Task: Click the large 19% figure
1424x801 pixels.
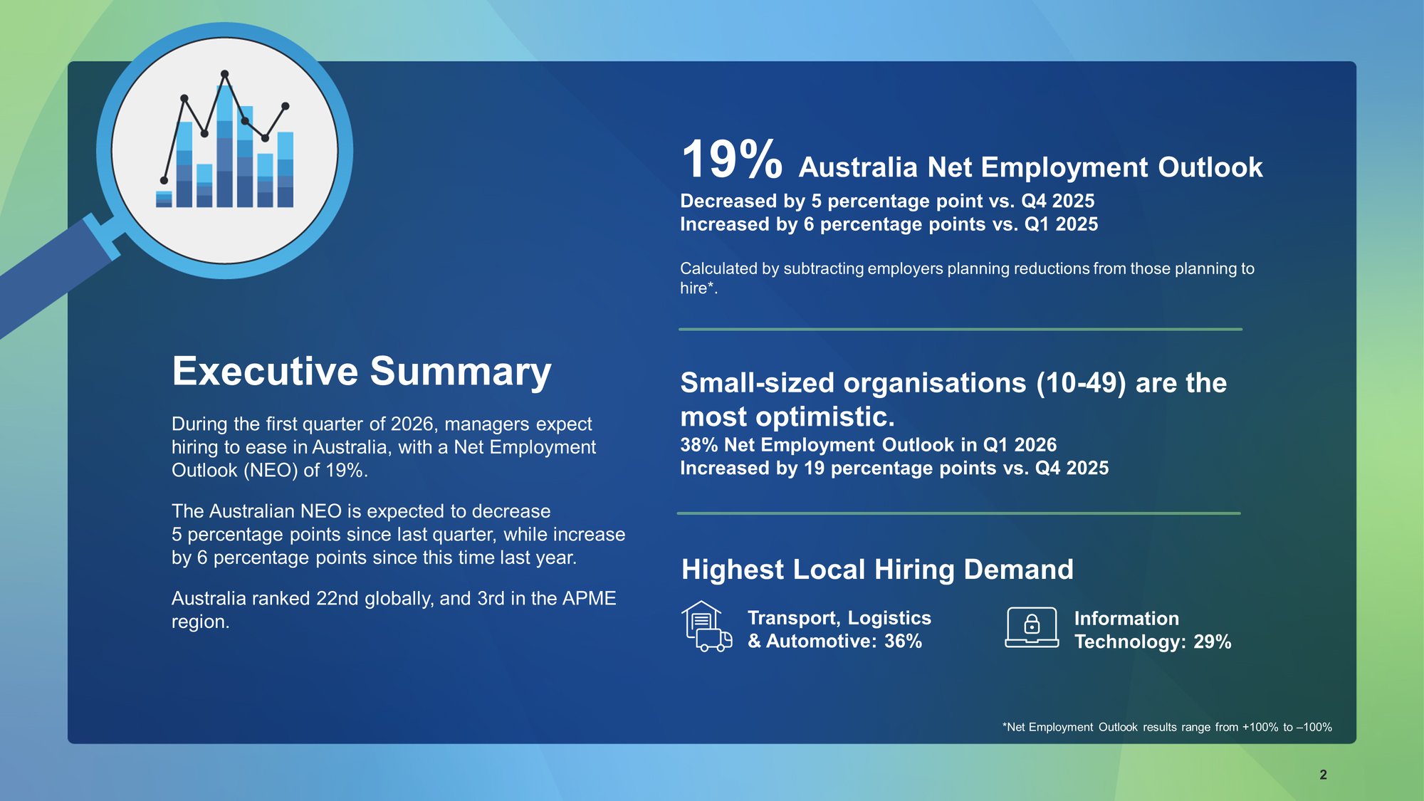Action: tap(731, 159)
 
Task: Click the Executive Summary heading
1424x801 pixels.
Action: tap(361, 371)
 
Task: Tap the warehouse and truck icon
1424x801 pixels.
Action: tap(706, 627)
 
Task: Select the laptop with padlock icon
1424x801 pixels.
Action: tap(1032, 627)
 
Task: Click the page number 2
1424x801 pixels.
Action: tap(1323, 775)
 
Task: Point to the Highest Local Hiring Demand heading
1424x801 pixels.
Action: tap(876, 570)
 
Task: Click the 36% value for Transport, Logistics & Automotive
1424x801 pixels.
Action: tap(903, 642)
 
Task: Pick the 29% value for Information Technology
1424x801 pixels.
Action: tap(1212, 642)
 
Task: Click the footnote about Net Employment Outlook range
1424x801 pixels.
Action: tap(1166, 727)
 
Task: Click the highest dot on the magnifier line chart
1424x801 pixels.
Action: tap(225, 74)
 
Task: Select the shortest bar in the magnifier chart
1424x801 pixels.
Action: tap(164, 199)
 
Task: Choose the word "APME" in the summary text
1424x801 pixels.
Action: tap(589, 599)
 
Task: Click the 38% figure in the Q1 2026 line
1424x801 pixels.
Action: tap(698, 445)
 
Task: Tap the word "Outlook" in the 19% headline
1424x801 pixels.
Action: tap(1210, 168)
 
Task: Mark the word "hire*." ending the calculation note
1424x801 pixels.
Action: tap(698, 288)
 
